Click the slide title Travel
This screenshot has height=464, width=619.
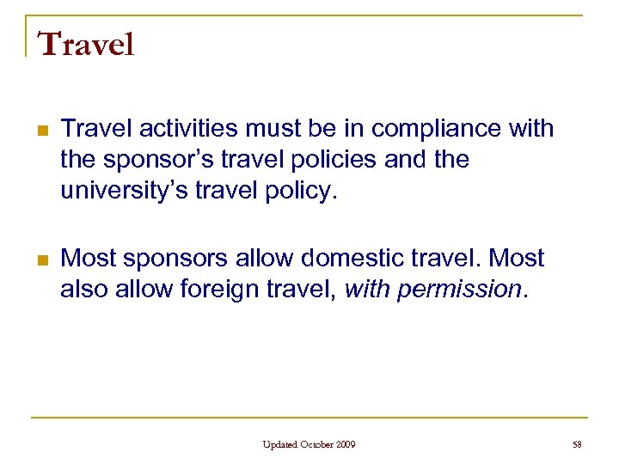pyautogui.click(x=86, y=44)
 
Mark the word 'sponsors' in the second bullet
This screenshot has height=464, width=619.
pyautogui.click(x=181, y=257)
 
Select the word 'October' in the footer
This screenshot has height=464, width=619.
pyautogui.click(x=317, y=444)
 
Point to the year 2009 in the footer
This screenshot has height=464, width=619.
pyautogui.click(x=346, y=444)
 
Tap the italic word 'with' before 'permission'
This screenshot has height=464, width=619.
pyautogui.click(x=367, y=289)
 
